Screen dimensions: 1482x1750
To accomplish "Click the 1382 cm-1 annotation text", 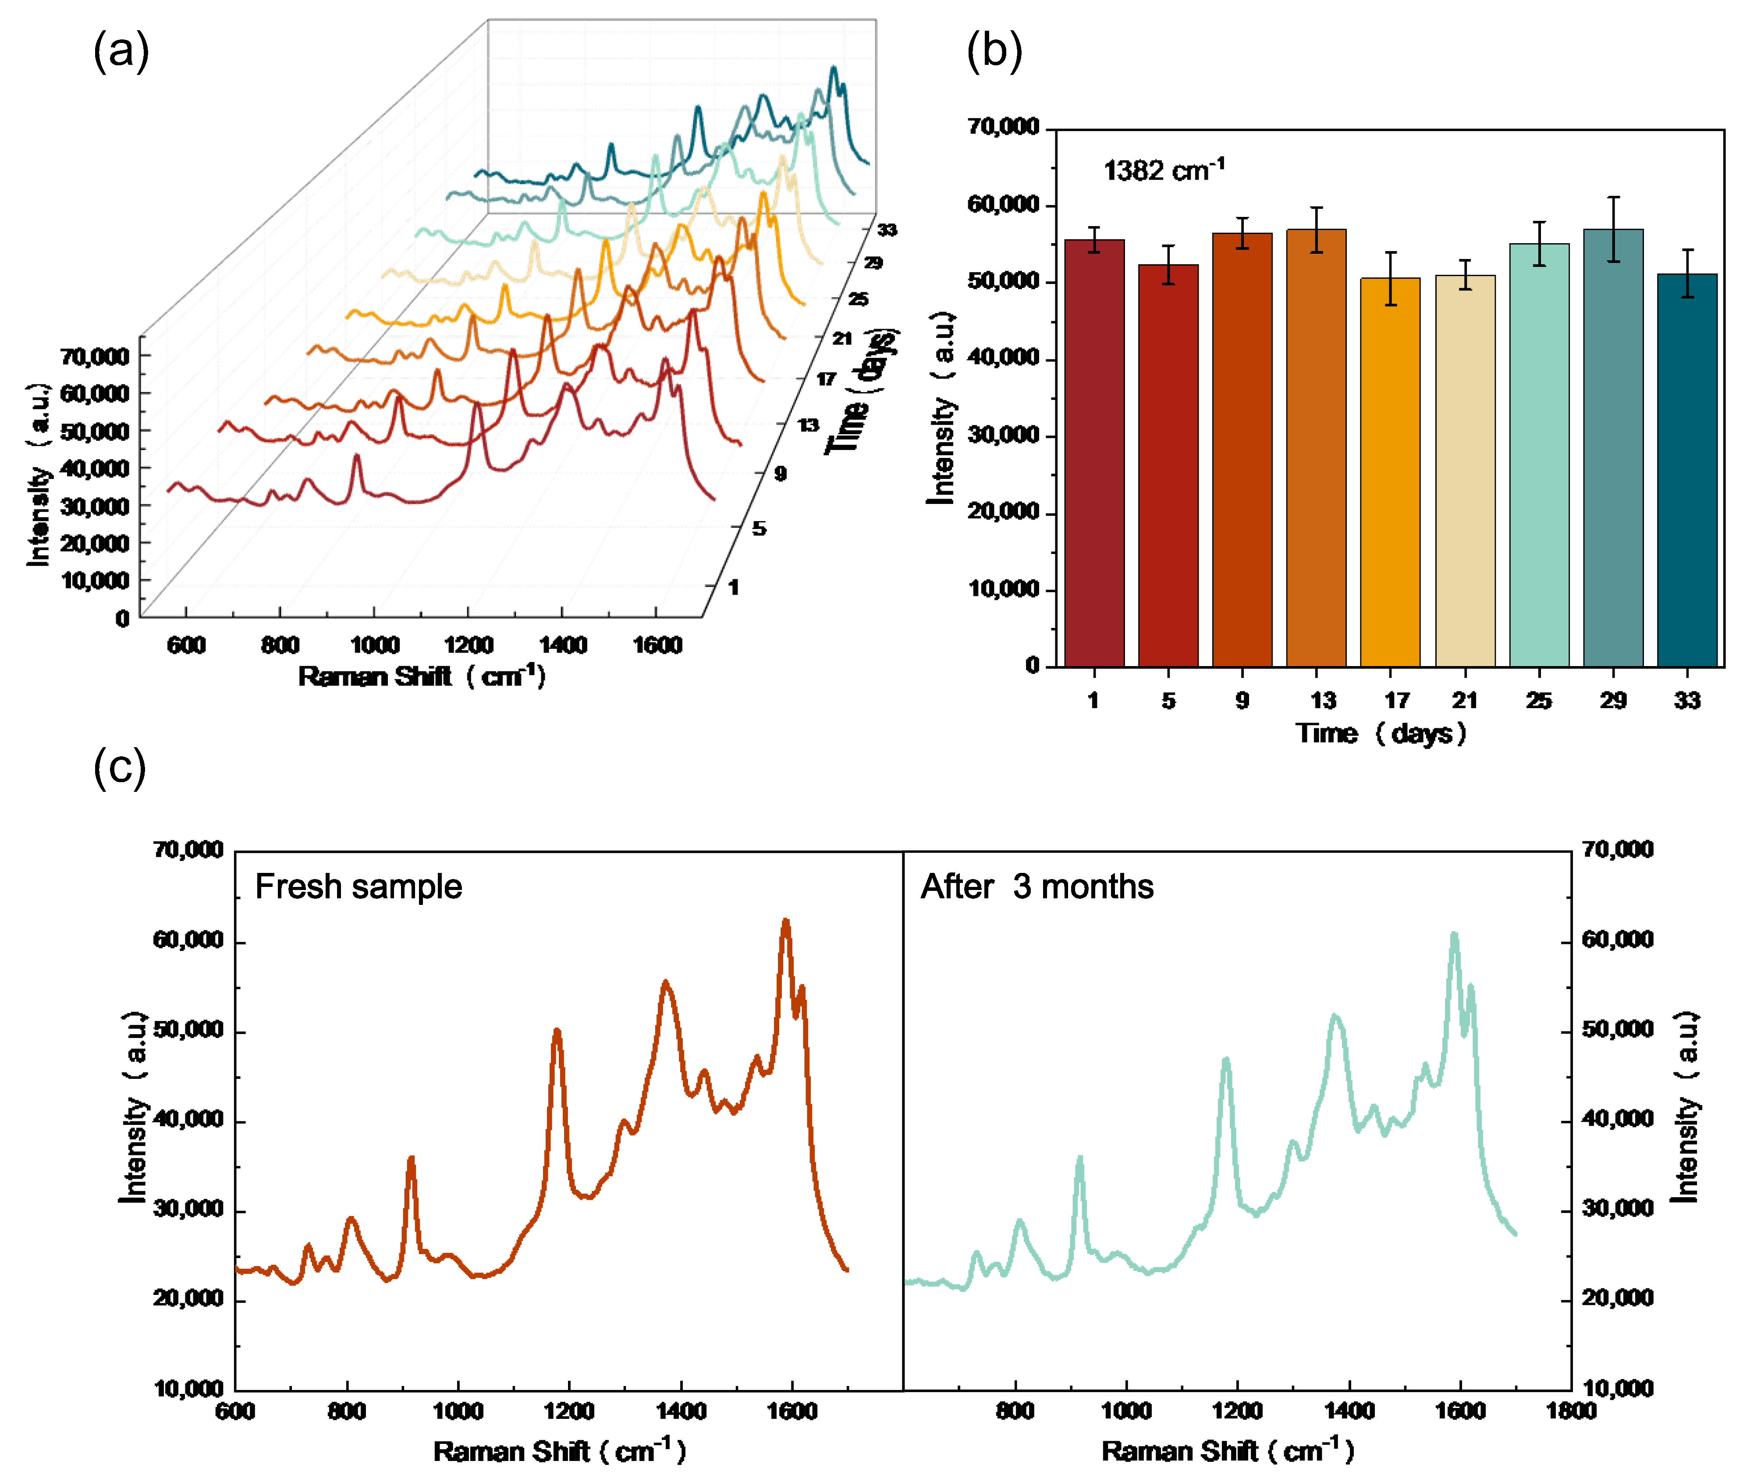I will pyautogui.click(x=1164, y=170).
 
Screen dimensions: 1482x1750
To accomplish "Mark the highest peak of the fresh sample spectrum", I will pyautogui.click(x=785, y=922).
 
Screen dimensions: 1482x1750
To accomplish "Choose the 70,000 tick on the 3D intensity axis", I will pyautogui.click(x=94, y=356).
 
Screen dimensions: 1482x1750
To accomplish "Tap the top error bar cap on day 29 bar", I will pyautogui.click(x=1613, y=198).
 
